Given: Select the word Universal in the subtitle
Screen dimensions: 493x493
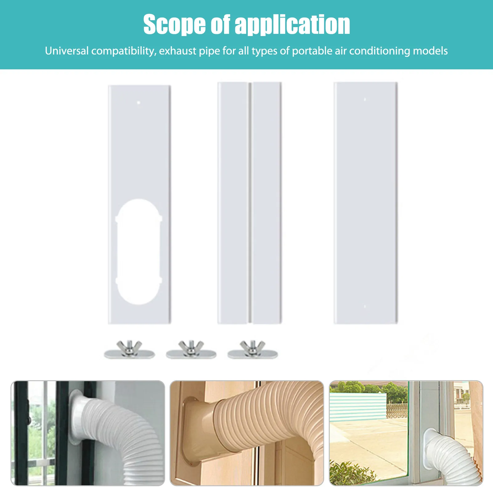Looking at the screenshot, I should coord(67,51).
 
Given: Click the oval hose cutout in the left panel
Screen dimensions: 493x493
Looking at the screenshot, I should coord(139,251).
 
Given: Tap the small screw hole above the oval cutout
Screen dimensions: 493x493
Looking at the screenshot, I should coord(139,103).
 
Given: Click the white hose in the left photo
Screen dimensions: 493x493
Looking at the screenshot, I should coord(123,431).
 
